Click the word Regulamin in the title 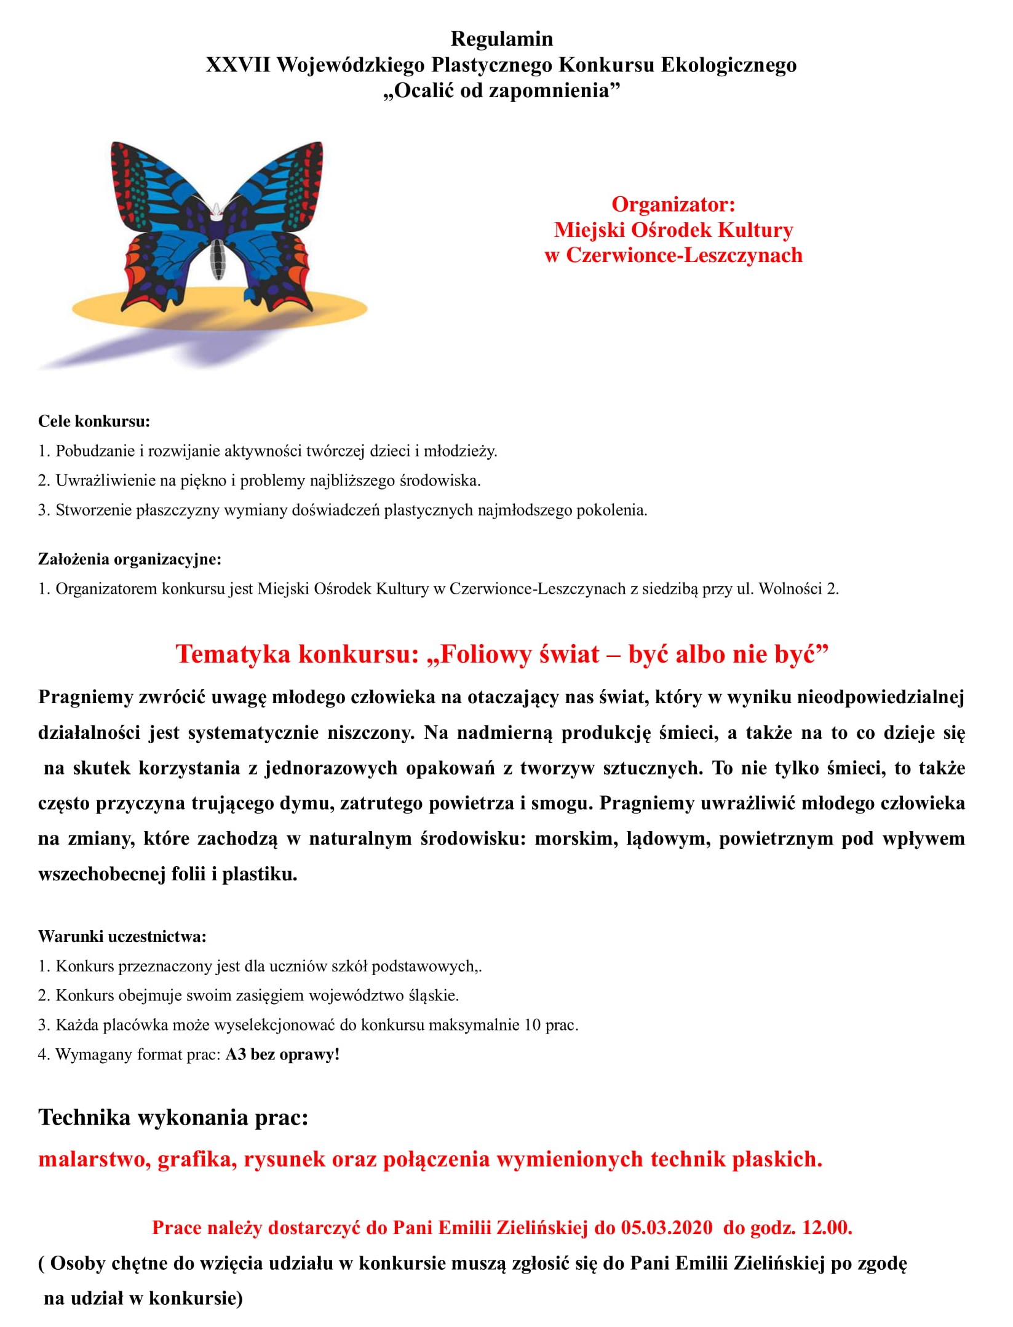501,39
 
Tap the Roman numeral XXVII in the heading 237,65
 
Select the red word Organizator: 673,204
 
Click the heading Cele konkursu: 94,421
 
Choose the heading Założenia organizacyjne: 129,559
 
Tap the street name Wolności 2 798,589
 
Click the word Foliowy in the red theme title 489,654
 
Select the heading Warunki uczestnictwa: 122,937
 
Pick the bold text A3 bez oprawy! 282,1054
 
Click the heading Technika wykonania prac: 173,1117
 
